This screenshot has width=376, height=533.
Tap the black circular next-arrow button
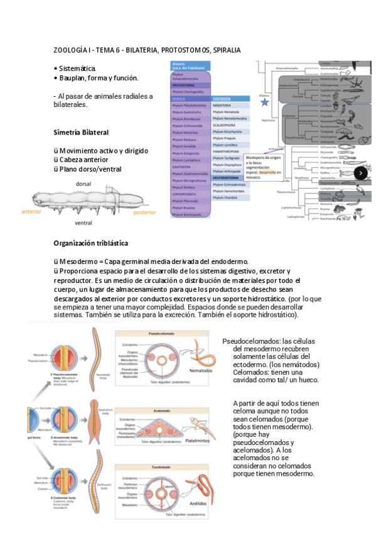[362, 173]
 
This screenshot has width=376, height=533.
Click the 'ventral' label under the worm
[83, 223]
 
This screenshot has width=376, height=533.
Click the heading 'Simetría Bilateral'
[81, 133]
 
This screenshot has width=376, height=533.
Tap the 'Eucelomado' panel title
[163, 467]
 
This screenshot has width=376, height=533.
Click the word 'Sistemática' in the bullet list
[78, 68]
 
